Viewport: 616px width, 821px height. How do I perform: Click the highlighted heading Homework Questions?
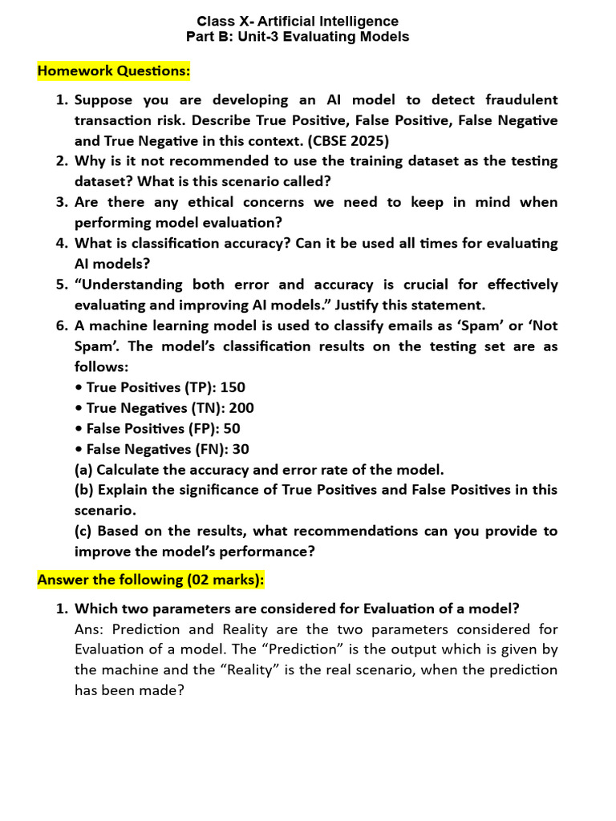click(114, 71)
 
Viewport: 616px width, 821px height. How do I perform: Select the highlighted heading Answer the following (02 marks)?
click(151, 579)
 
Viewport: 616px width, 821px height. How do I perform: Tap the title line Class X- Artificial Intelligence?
click(298, 22)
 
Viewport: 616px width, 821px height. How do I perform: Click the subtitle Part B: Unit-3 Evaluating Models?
click(298, 37)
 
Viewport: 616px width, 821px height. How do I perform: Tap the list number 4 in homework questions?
click(61, 243)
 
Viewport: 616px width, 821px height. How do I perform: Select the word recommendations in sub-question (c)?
click(359, 531)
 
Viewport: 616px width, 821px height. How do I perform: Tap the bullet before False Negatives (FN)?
click(79, 450)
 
